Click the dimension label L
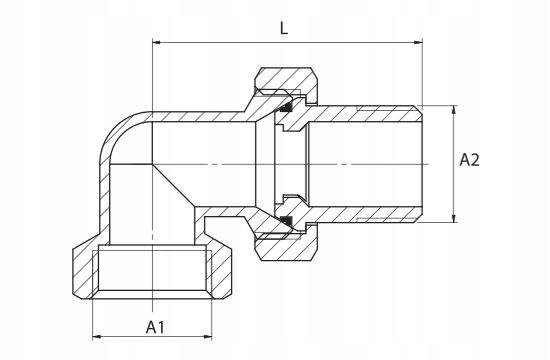pyautogui.click(x=284, y=28)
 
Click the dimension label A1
pyautogui.click(x=155, y=327)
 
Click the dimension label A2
pyautogui.click(x=469, y=160)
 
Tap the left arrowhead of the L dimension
pyautogui.click(x=156, y=42)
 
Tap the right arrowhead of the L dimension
pyautogui.click(x=418, y=42)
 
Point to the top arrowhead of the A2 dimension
pyautogui.click(x=454, y=110)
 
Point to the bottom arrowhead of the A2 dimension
pyautogui.click(x=454, y=218)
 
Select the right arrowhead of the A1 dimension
pyautogui.click(x=208, y=337)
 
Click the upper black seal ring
pyautogui.click(x=287, y=107)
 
